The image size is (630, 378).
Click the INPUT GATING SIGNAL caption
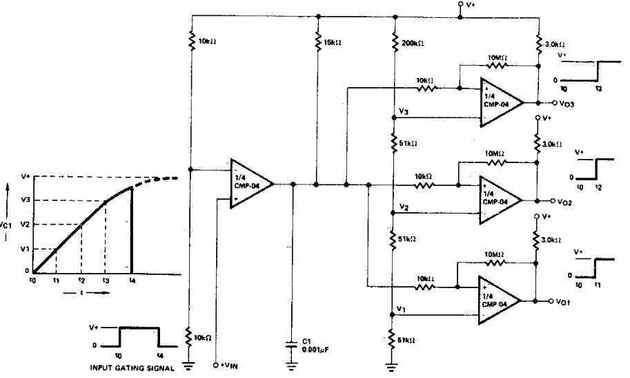[x=132, y=368]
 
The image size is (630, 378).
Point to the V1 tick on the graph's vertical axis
[x=25, y=247]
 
